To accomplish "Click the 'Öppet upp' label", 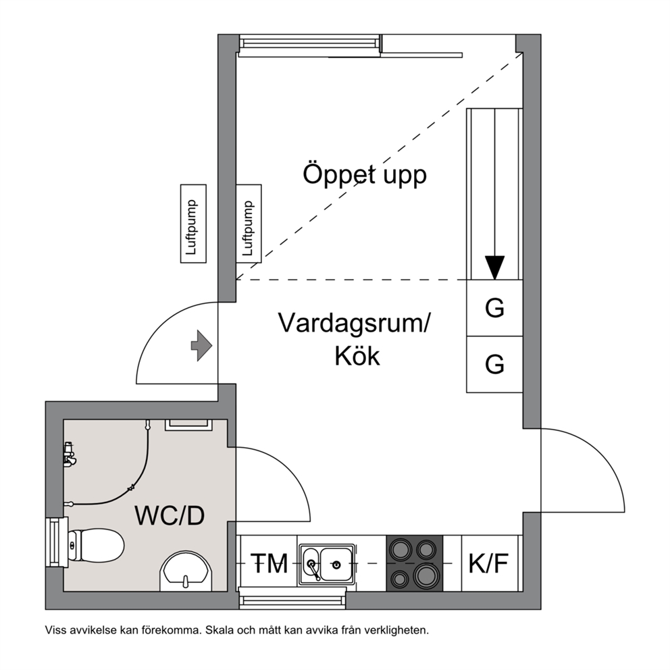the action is [365, 174].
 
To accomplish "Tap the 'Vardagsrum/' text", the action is [354, 323].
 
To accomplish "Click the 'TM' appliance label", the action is [269, 563].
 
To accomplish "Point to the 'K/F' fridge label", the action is [488, 563].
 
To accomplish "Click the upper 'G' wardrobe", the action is [494, 308].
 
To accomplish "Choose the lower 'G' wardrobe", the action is [494, 364].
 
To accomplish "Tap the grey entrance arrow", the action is [201, 345].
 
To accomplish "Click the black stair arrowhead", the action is [494, 267].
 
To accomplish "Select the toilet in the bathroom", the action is [96, 546].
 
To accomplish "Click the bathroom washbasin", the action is [186, 571].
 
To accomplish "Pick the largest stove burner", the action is [425, 575].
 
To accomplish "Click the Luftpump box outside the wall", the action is [194, 224].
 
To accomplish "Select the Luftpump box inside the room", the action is [249, 224].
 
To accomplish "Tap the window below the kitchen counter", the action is [292, 598].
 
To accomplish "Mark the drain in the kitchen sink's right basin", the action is [336, 565].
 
